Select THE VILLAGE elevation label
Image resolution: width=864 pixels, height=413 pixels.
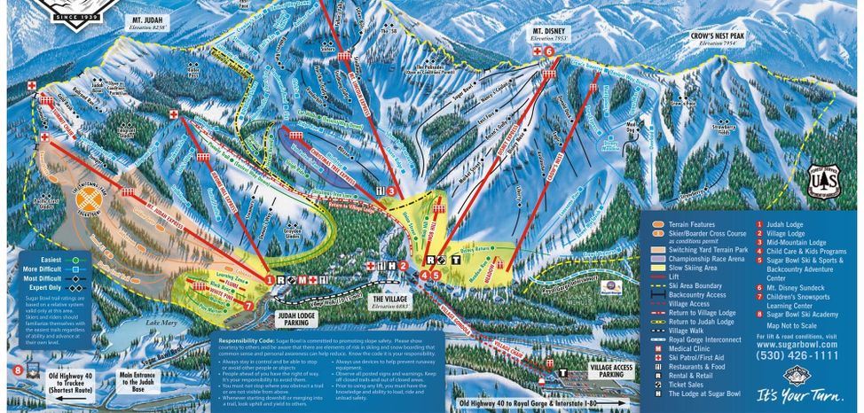[389, 302]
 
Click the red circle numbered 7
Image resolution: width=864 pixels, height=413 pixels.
[248, 307]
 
